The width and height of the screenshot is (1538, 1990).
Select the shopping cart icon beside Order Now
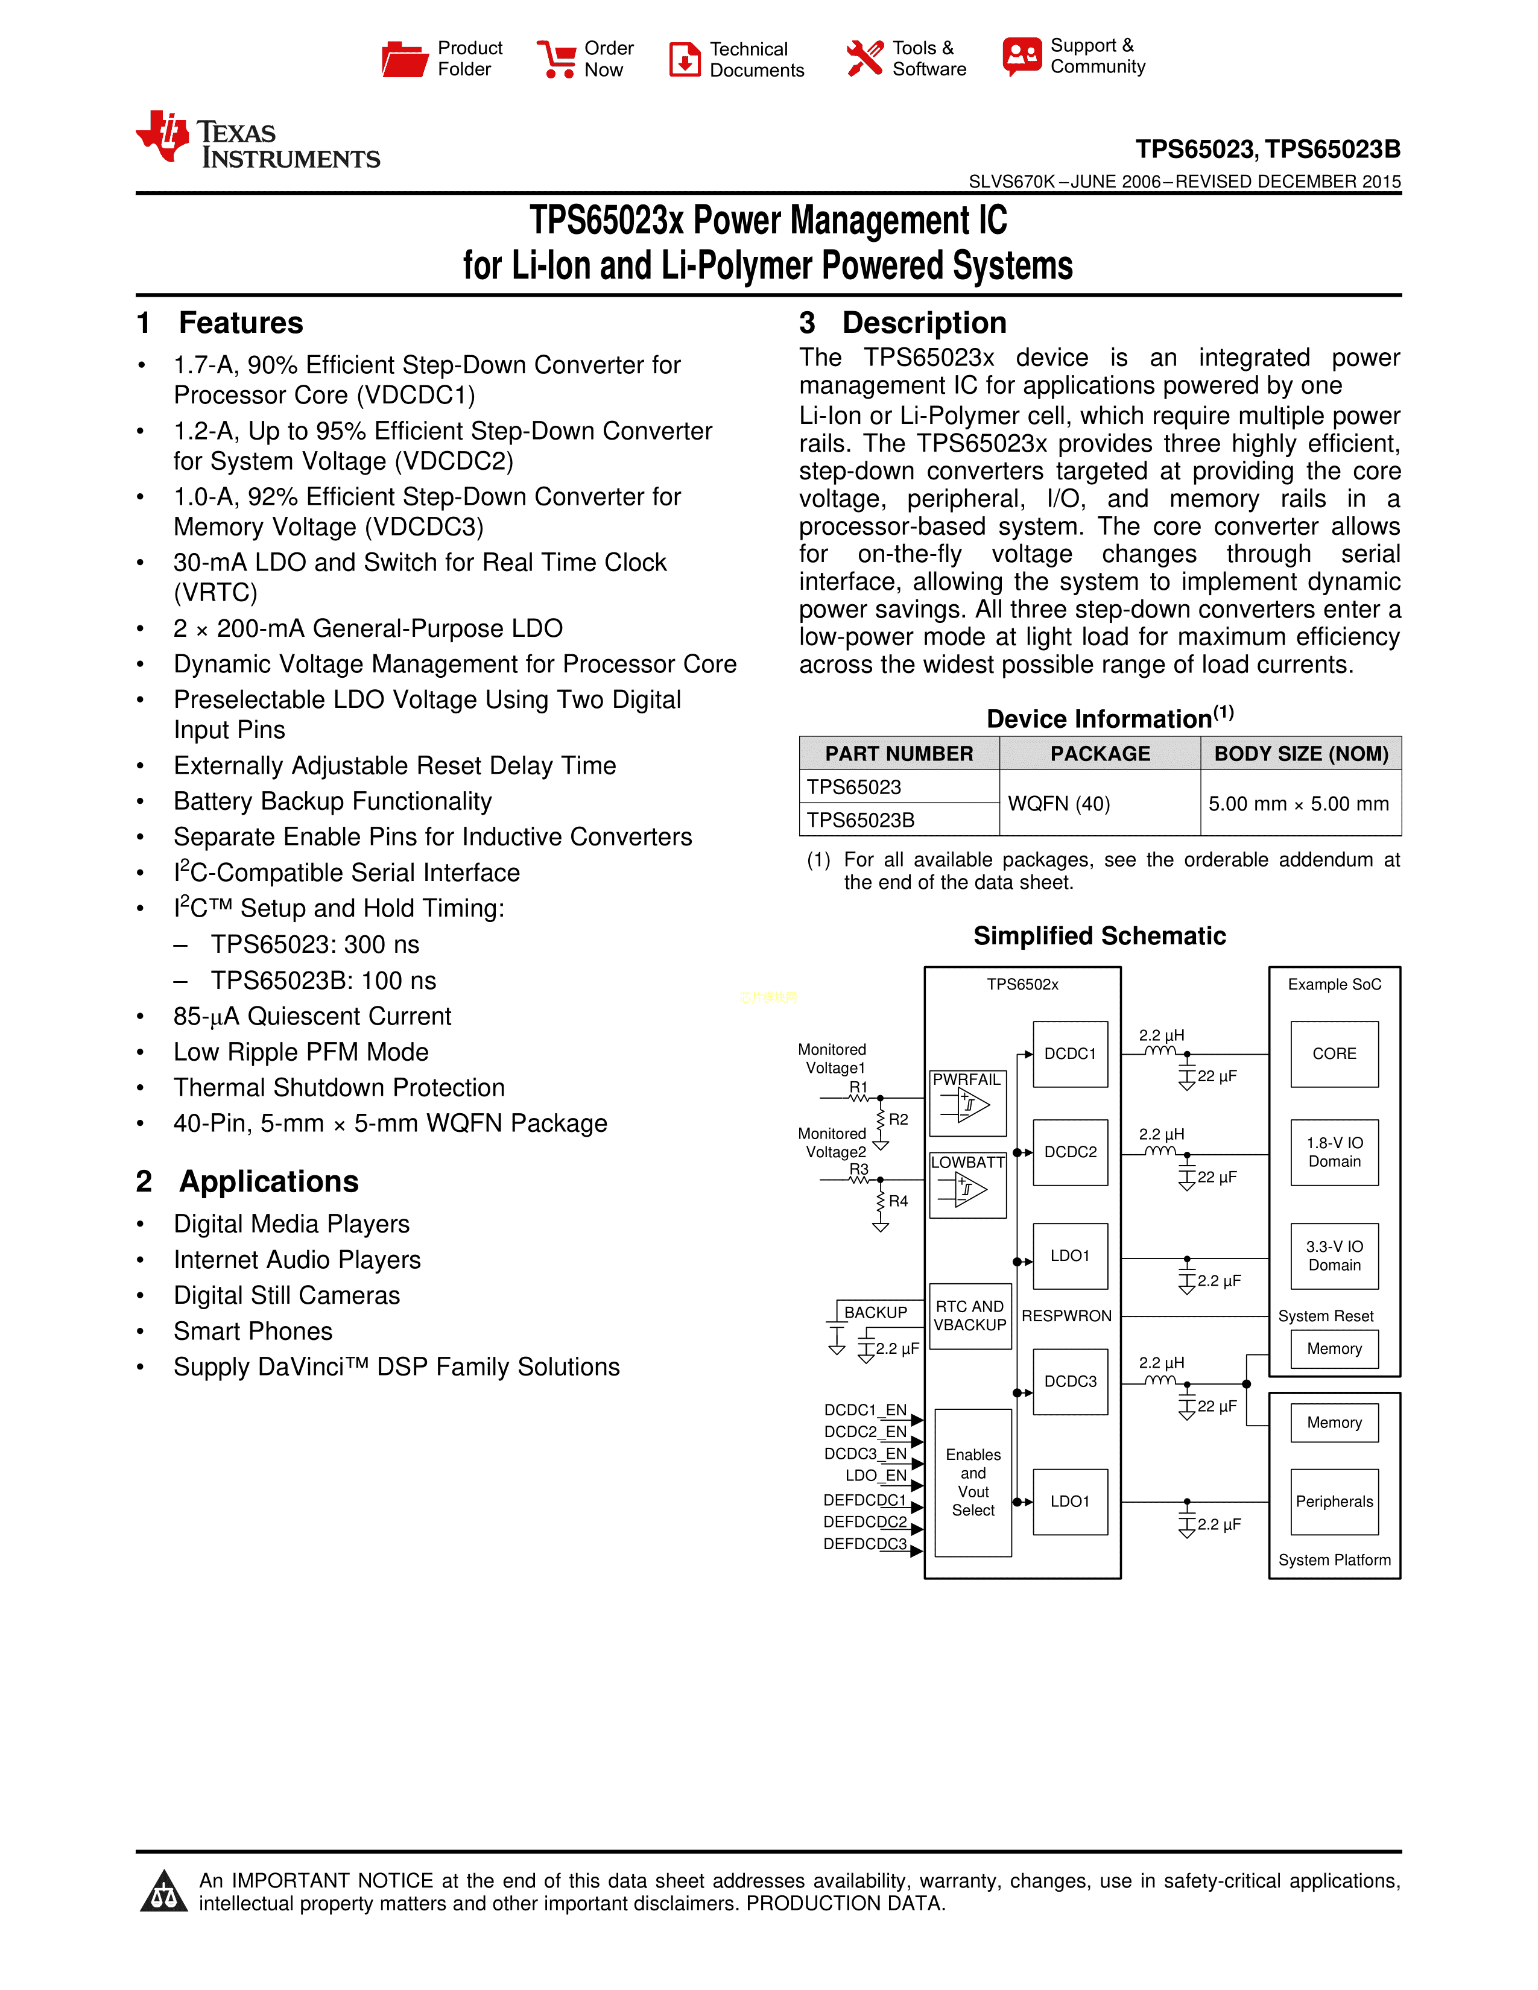click(x=556, y=59)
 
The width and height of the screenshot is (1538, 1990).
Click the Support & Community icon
click(x=1021, y=57)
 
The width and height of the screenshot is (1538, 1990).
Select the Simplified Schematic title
click(x=1099, y=936)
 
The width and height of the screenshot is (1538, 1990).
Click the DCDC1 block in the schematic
click(x=1070, y=1054)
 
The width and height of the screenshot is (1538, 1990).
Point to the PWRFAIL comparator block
click(x=967, y=1102)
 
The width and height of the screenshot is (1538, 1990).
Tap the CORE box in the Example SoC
click(x=1334, y=1054)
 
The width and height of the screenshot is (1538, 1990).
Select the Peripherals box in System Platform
click(x=1334, y=1502)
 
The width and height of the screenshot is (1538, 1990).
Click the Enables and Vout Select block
click(x=973, y=1482)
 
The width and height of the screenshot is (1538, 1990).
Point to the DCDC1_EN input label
click(x=865, y=1410)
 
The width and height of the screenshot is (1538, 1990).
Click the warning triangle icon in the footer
click(x=164, y=1892)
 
